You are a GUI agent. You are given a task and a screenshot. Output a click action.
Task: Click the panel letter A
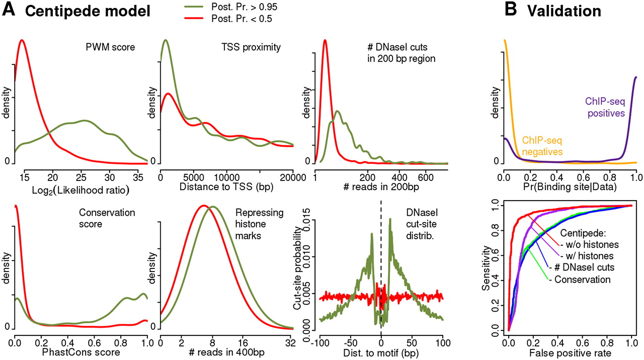coord(10,11)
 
